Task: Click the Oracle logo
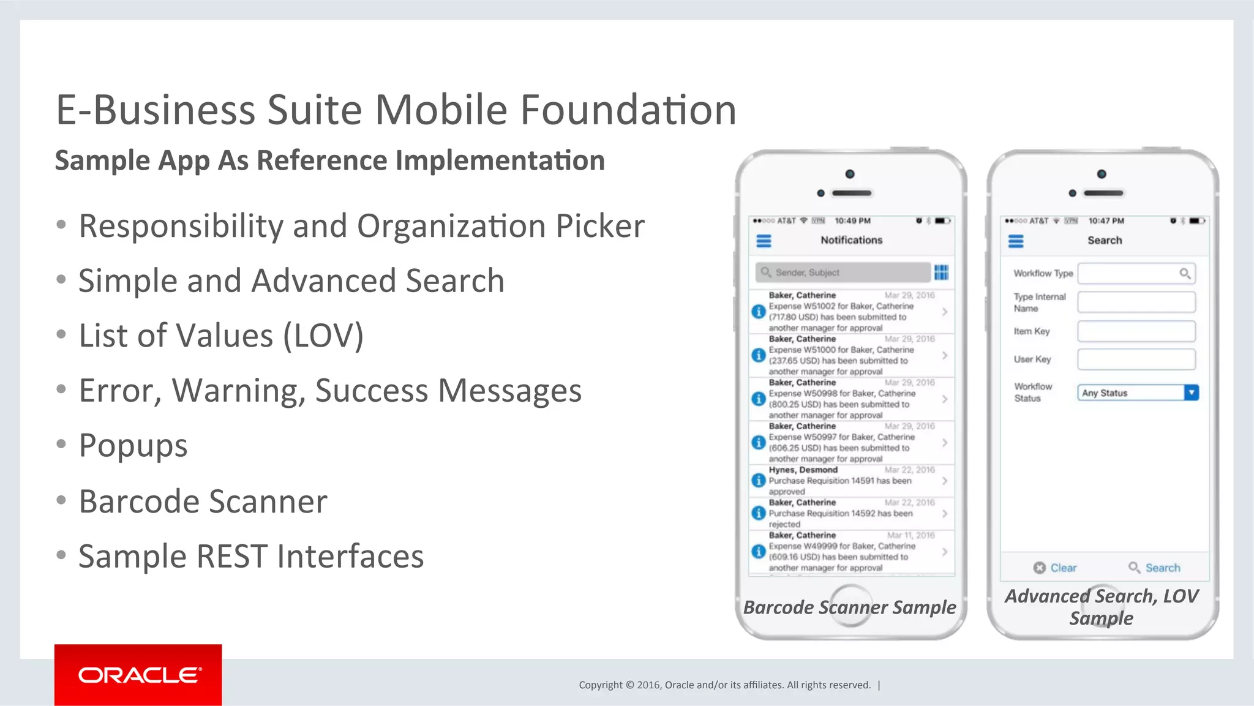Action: [x=138, y=675]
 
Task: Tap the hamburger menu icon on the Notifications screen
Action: [x=764, y=241]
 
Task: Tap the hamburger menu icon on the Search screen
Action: [x=1016, y=241]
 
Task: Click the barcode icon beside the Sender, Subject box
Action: [x=941, y=272]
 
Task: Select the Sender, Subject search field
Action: [x=844, y=272]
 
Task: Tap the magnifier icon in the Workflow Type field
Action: [x=1185, y=274]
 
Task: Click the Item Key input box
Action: [x=1136, y=331]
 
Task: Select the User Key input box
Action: [x=1136, y=359]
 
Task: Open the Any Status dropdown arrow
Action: [x=1191, y=392]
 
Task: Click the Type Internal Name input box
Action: [x=1136, y=302]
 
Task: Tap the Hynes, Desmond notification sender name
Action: [x=803, y=470]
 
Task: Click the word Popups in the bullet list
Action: [x=133, y=446]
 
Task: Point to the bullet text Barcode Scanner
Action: [x=203, y=501]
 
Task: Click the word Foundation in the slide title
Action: [x=628, y=110]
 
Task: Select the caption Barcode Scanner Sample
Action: [x=849, y=607]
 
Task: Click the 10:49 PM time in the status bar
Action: [x=852, y=221]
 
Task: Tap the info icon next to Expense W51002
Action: [x=758, y=312]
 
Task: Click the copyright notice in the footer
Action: [x=724, y=685]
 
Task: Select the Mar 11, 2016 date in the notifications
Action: [x=910, y=535]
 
